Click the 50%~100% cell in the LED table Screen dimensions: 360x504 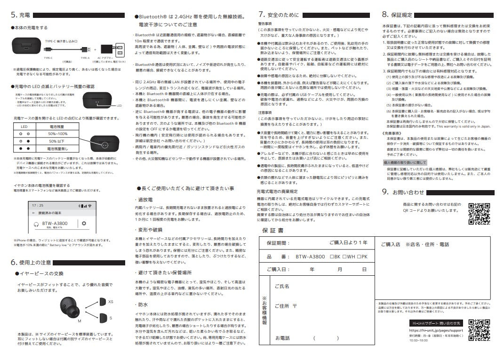pyautogui.click(x=57, y=134)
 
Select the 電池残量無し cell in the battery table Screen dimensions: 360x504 pyautogui.click(x=57, y=148)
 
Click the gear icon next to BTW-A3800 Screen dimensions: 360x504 pyautogui.click(x=84, y=224)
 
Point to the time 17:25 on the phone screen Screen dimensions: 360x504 pyautogui.click(x=38, y=206)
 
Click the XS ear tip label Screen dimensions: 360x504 pyautogui.click(x=110, y=302)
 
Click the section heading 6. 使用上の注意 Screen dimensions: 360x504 pyautogui.click(x=32, y=262)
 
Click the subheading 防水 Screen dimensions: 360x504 pyautogui.click(x=143, y=305)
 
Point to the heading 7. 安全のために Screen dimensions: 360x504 pyautogui.click(x=279, y=14)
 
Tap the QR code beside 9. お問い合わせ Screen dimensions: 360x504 pyautogui.click(x=480, y=214)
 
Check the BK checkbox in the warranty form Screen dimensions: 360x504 pyautogui.click(x=332, y=256)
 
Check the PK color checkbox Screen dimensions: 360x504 pyautogui.click(x=359, y=256)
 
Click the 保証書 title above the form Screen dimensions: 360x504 pyautogui.click(x=273, y=231)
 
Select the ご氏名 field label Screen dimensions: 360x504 pyautogui.click(x=281, y=286)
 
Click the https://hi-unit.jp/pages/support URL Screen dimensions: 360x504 pyautogui.click(x=436, y=330)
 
